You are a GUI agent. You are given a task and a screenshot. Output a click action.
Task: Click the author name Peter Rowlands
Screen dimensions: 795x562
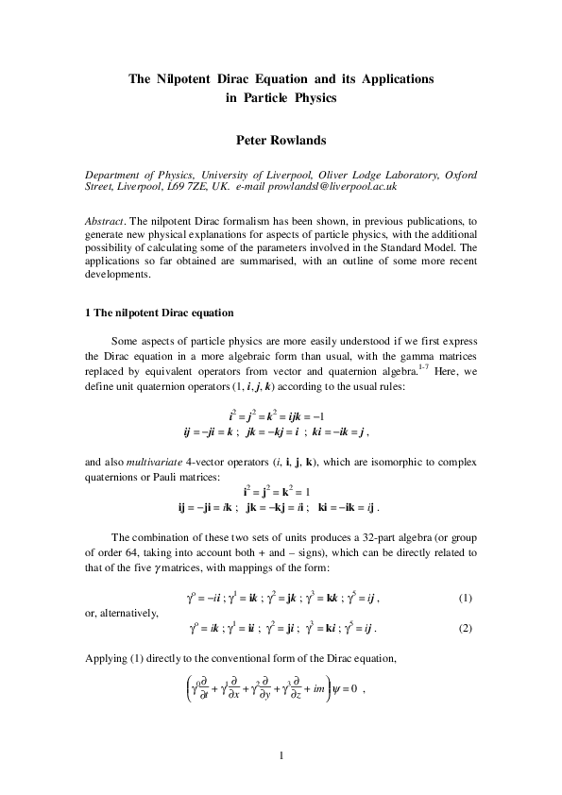(x=281, y=140)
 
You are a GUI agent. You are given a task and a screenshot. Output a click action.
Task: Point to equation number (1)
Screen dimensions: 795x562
(x=465, y=599)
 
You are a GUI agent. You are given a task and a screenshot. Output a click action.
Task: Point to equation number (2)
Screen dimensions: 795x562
(x=465, y=628)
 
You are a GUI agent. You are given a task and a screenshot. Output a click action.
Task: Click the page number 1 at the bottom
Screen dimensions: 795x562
(x=281, y=754)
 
